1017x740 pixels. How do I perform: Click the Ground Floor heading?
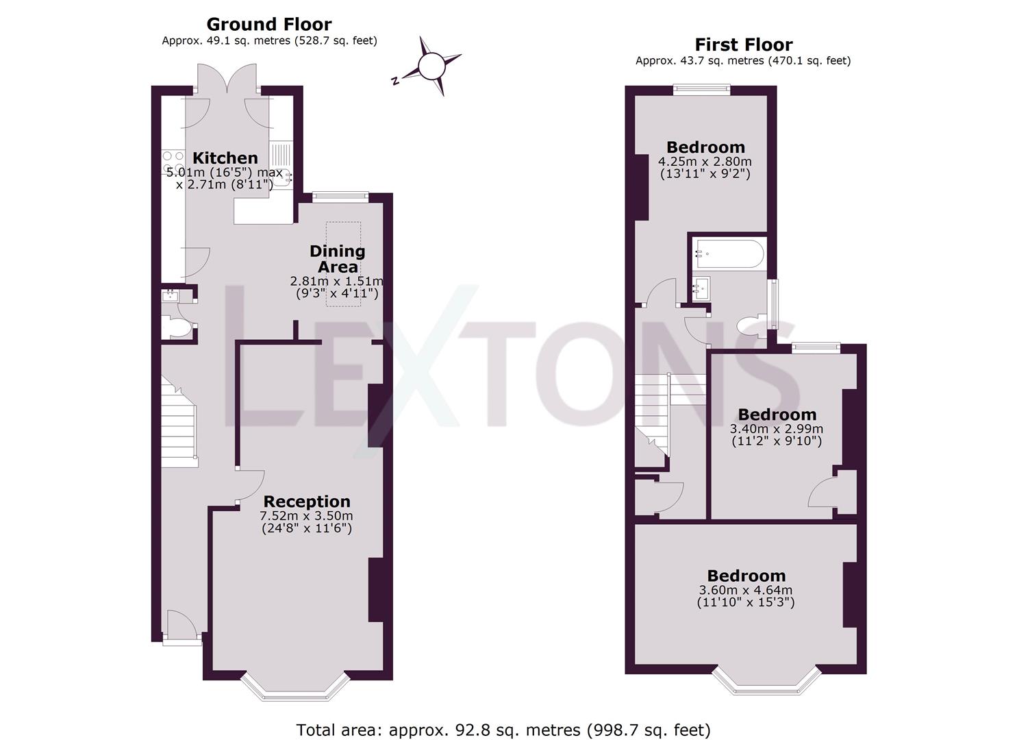pos(268,24)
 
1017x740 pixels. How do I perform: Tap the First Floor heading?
pos(744,45)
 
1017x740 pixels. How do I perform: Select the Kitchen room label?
pos(225,158)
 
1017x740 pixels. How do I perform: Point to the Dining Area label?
pos(338,259)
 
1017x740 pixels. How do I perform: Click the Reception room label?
pos(307,502)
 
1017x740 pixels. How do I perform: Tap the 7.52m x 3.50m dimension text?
pos(306,515)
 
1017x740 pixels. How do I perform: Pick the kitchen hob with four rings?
pos(173,162)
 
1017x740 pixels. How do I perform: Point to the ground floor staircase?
pos(180,422)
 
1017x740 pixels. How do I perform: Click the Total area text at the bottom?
pos(503,730)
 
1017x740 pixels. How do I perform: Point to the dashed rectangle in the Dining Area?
pos(343,264)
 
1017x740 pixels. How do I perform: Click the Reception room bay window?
pos(295,687)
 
